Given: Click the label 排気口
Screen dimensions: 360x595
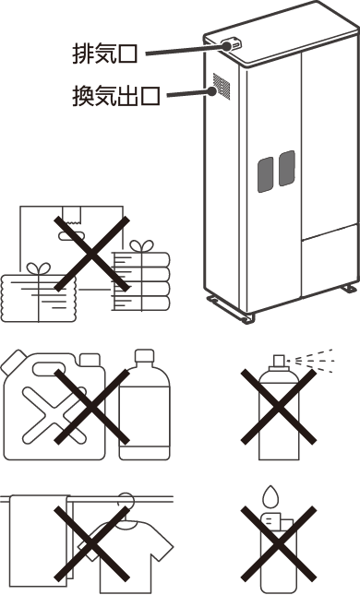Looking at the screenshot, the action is coord(104,54).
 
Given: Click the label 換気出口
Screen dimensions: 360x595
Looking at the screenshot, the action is coord(115,96).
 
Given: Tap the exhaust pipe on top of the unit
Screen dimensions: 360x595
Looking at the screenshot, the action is coord(232,44).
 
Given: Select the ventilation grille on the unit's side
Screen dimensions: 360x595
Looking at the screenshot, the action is coord(222,87).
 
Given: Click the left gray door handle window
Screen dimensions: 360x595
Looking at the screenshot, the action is coord(266,174).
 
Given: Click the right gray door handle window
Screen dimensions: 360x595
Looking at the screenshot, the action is coord(287,168).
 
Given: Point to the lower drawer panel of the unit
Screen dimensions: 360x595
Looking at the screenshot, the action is coord(330,261).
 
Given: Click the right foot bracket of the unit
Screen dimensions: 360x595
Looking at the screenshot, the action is coord(350,289).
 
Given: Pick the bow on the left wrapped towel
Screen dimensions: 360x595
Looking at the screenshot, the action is coord(39,268).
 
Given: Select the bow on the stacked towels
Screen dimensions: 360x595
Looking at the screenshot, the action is coord(141,245).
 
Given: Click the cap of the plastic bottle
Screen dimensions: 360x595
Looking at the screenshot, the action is coord(145,355).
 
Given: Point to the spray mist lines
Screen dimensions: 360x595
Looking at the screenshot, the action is coord(314,361).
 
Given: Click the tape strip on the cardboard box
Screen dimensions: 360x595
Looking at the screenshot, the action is coord(71,215).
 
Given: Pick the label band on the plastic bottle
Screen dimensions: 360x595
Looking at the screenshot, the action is coord(144,417).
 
